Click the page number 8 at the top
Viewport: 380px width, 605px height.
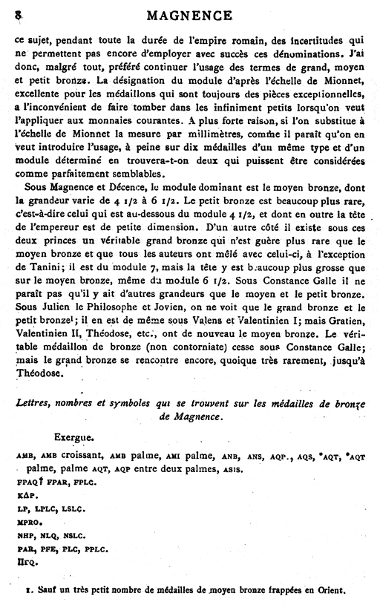[17, 13]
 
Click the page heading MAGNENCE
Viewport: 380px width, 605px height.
[190, 14]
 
